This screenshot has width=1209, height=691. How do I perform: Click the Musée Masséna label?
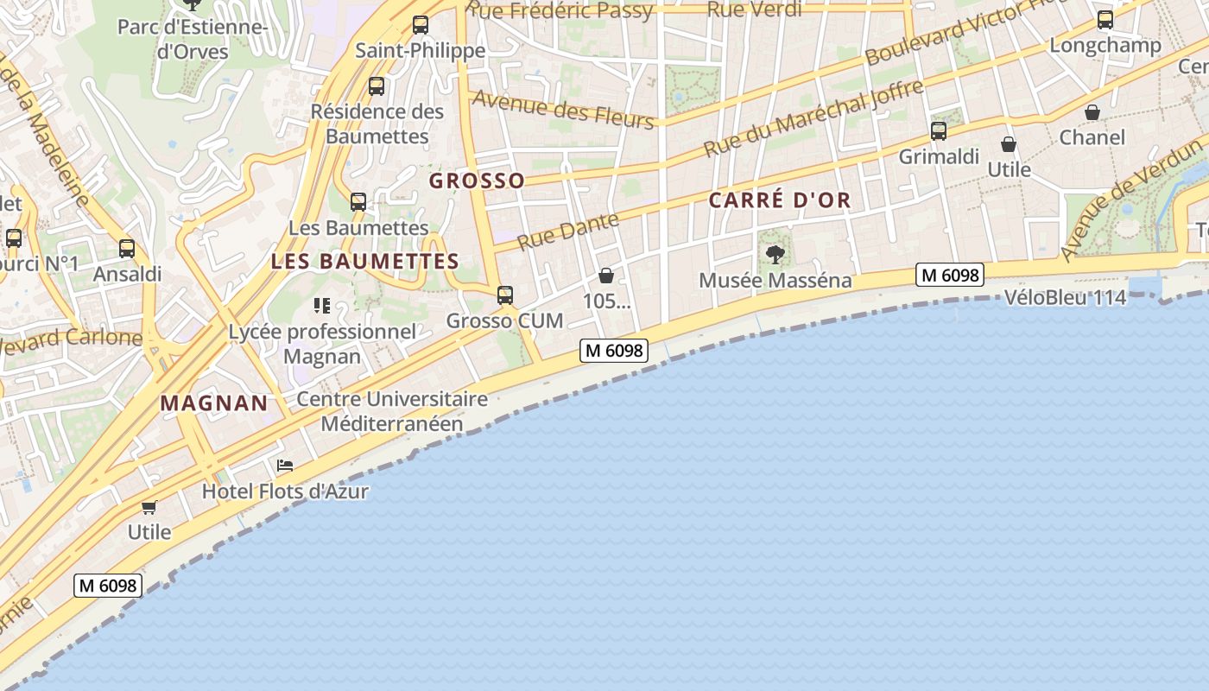tap(775, 281)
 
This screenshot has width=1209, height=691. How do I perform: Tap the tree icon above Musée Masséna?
tap(775, 255)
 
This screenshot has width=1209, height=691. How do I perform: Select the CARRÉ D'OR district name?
tap(780, 200)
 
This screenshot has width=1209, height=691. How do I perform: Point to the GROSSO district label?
tap(477, 181)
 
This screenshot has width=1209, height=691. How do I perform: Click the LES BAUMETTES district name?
tap(364, 261)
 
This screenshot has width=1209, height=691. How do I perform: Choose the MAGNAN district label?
tap(214, 403)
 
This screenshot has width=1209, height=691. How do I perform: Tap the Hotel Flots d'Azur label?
tap(285, 491)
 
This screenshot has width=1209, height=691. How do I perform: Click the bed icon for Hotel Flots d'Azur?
tap(285, 466)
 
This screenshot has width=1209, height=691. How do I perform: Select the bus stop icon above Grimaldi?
tap(939, 131)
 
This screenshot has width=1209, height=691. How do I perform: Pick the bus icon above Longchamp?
tap(1105, 20)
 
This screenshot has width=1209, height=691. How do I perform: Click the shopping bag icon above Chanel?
tap(1092, 112)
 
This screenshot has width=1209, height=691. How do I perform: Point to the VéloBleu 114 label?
tap(1065, 298)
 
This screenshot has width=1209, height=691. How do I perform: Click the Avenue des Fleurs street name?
tap(562, 108)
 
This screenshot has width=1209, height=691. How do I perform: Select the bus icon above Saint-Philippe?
tap(421, 25)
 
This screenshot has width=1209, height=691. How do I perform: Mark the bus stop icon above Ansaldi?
tap(127, 249)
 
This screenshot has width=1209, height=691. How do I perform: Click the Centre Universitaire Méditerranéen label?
tap(392, 411)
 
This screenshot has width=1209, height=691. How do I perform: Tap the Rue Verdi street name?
tap(754, 10)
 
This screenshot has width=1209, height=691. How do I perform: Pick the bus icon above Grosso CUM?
tap(505, 295)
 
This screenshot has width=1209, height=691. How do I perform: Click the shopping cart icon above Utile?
tap(149, 507)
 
